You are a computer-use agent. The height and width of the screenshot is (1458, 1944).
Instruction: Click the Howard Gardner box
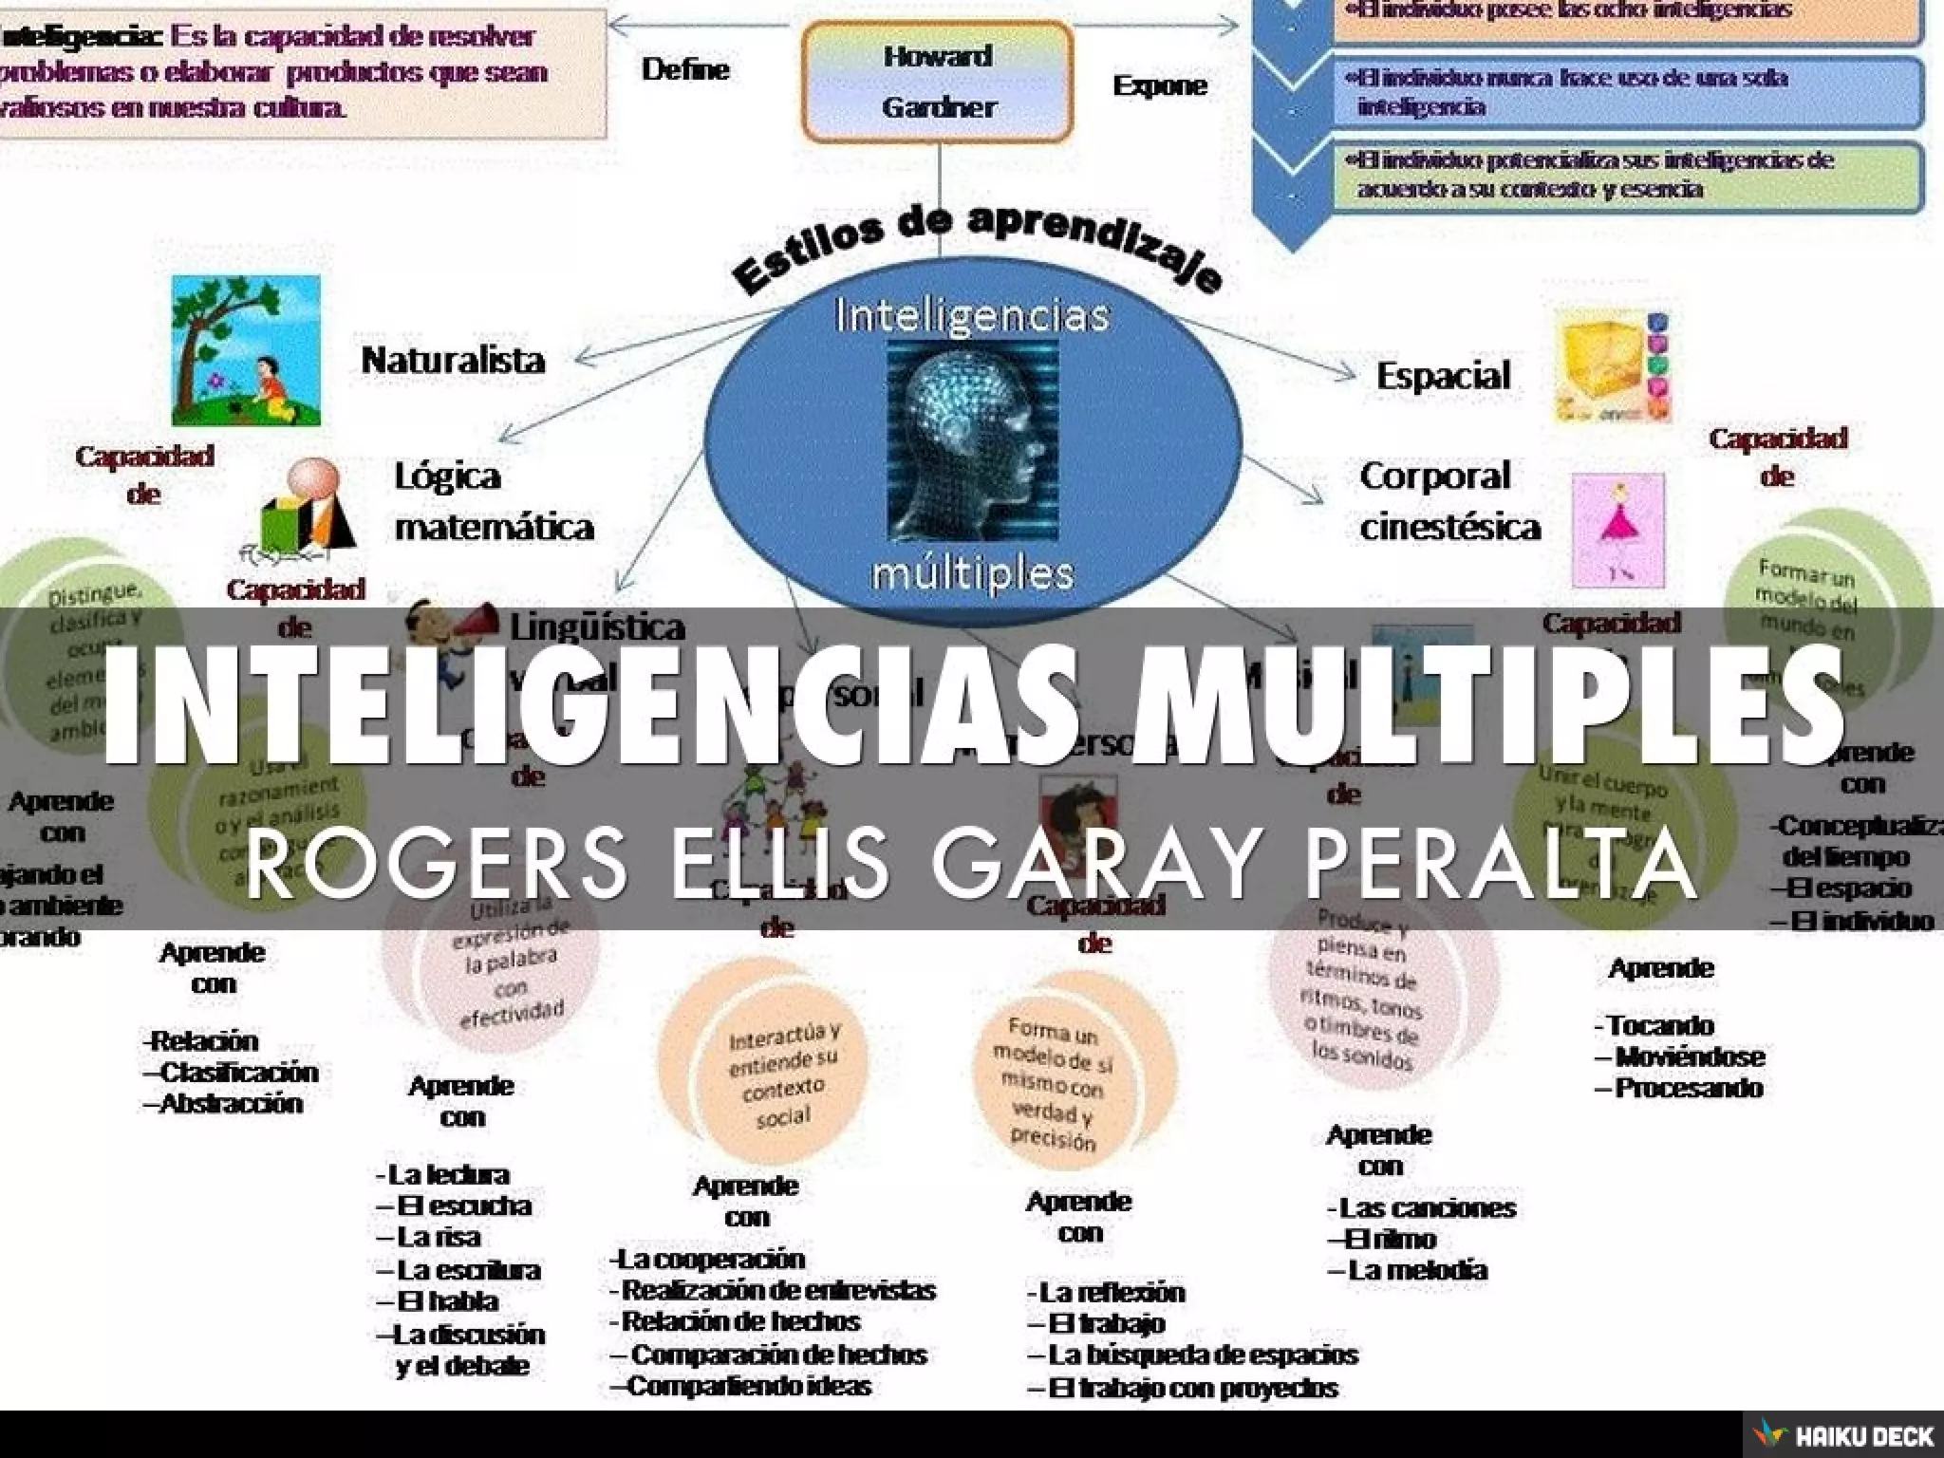pyautogui.click(x=938, y=82)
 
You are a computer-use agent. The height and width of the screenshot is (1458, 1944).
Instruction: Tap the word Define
pyautogui.click(x=685, y=69)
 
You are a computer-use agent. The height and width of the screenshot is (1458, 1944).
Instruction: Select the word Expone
pyautogui.click(x=1159, y=85)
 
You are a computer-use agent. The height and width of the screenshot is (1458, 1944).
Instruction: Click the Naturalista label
pyautogui.click(x=453, y=360)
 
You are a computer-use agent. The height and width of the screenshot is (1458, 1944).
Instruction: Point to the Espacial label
pyautogui.click(x=1443, y=375)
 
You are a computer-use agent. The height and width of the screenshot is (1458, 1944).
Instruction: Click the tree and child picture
pyautogui.click(x=246, y=350)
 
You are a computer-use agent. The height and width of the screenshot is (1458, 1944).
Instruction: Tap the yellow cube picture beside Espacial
pyautogui.click(x=1612, y=366)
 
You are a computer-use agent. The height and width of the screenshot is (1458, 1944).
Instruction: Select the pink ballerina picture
pyautogui.click(x=1617, y=531)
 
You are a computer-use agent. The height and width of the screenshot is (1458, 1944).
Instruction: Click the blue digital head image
pyautogui.click(x=973, y=440)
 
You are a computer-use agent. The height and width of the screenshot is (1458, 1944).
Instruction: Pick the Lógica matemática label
pyautogui.click(x=494, y=501)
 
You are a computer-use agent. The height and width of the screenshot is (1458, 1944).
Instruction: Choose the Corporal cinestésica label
pyautogui.click(x=1449, y=501)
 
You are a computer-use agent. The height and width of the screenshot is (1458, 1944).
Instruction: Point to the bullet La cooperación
pyautogui.click(x=708, y=1259)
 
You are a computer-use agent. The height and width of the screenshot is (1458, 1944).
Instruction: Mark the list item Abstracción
pyautogui.click(x=224, y=1103)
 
